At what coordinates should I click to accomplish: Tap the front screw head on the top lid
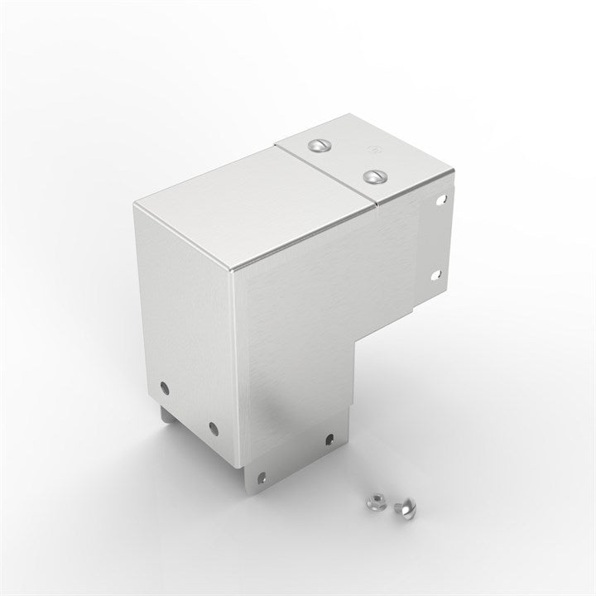point(374,175)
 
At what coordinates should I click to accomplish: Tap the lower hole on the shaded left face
point(213,428)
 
